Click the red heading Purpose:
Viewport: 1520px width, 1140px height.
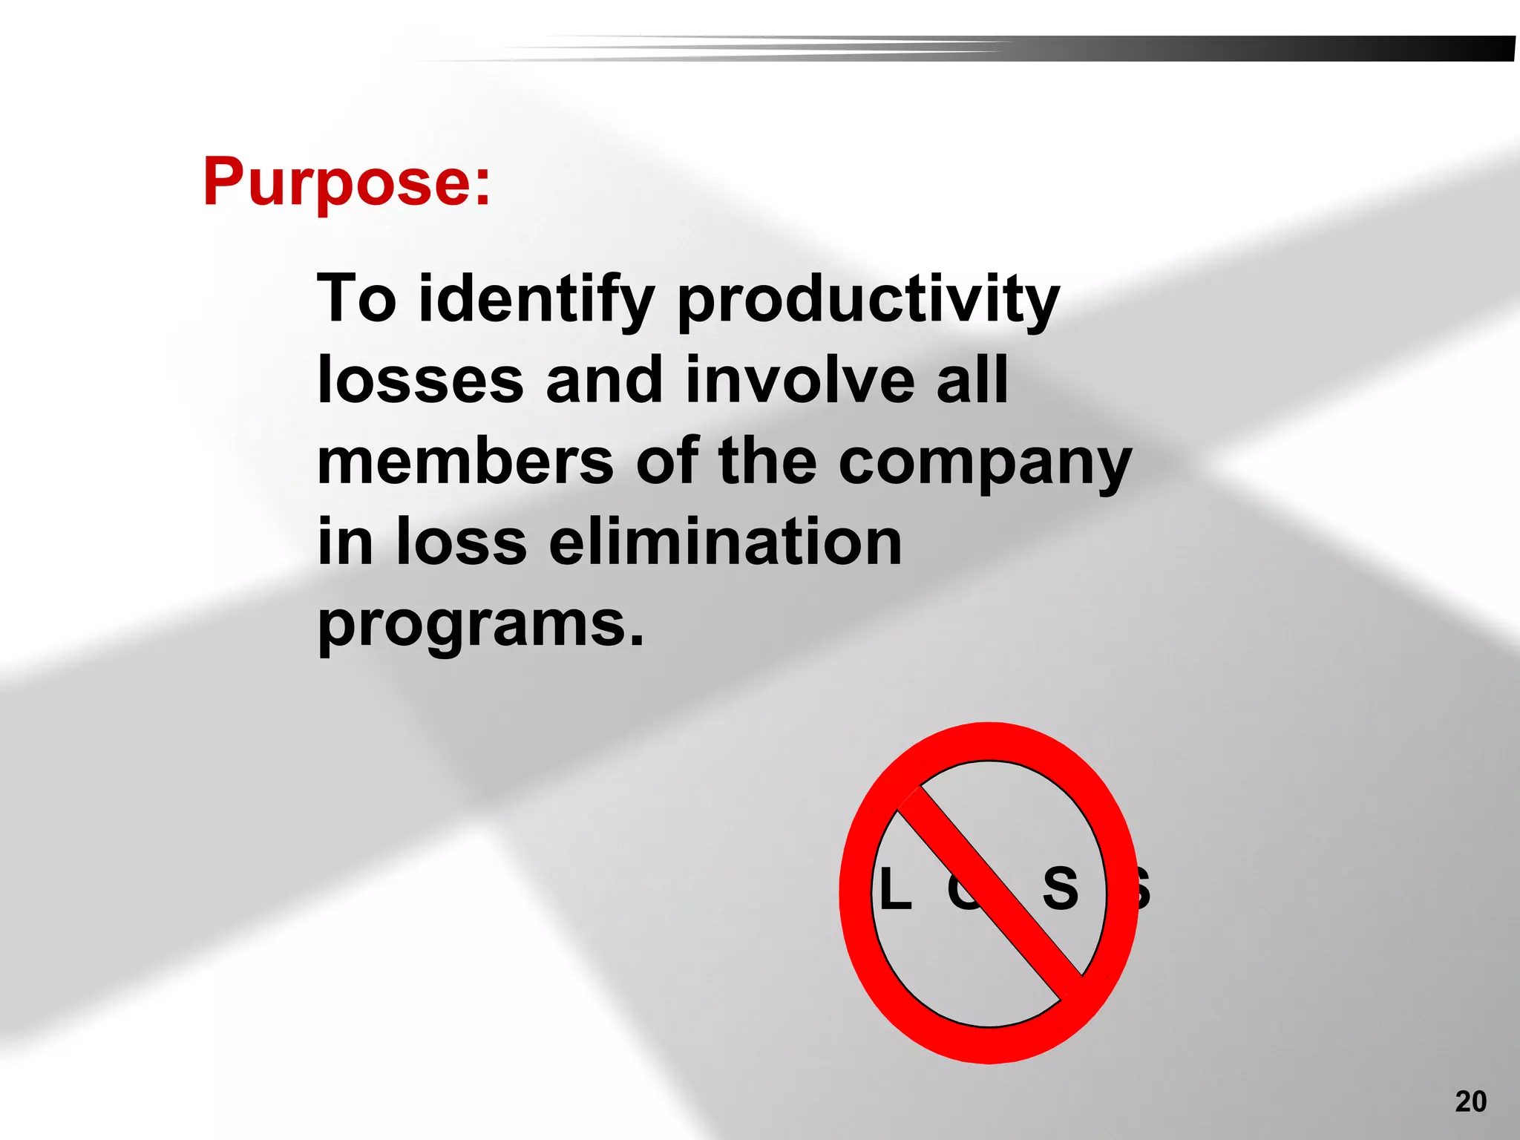[347, 182]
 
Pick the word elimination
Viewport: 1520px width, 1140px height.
[725, 542]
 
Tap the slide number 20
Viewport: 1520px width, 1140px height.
[1470, 1101]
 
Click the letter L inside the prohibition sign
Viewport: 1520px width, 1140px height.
[895, 889]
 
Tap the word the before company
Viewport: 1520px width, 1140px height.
[767, 461]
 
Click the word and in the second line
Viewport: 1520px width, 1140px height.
[603, 380]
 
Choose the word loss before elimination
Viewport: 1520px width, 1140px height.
[462, 542]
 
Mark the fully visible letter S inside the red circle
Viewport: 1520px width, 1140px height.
[1061, 888]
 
